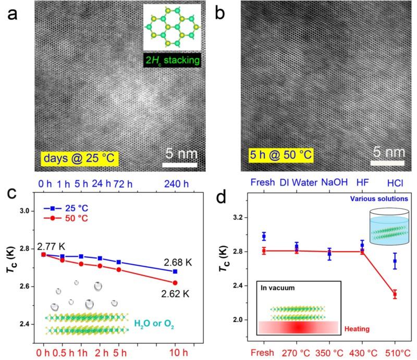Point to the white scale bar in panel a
point(179,166)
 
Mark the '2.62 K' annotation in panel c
point(178,293)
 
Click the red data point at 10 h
point(175,282)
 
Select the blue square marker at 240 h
point(175,271)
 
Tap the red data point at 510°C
point(395,294)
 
